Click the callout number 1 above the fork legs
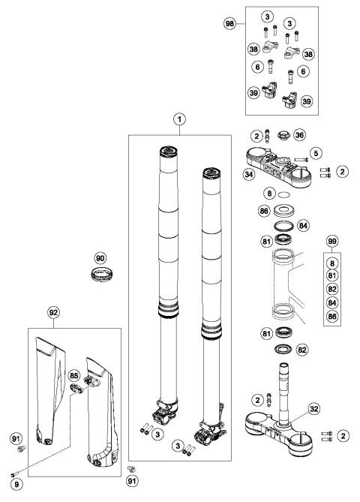pyautogui.click(x=178, y=119)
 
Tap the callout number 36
pyautogui.click(x=298, y=136)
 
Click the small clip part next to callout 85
pyautogui.click(x=77, y=387)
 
